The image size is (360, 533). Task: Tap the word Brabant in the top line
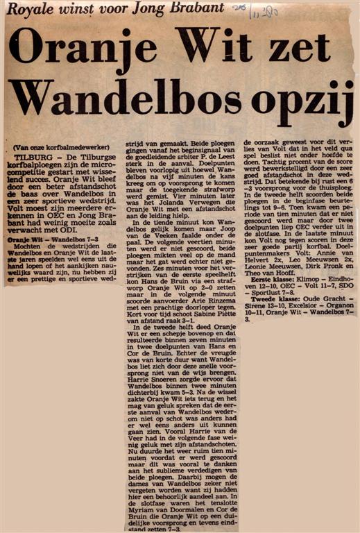(x=197, y=8)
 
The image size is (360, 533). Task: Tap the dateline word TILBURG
(x=30, y=158)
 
